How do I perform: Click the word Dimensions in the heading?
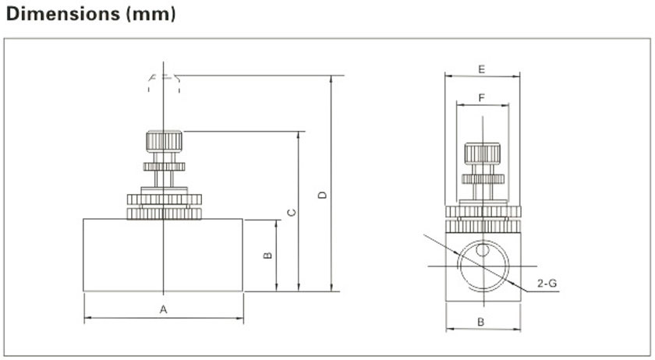tap(63, 14)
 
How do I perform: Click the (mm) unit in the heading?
tap(150, 15)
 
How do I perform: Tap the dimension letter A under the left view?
tap(163, 309)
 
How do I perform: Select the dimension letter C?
tap(292, 212)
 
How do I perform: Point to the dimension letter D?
tap(323, 195)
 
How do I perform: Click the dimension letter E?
tap(482, 69)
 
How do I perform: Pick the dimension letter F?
tap(482, 98)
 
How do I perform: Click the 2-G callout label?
tap(547, 284)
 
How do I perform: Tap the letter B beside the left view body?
tap(267, 255)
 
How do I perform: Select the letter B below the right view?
tap(481, 322)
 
